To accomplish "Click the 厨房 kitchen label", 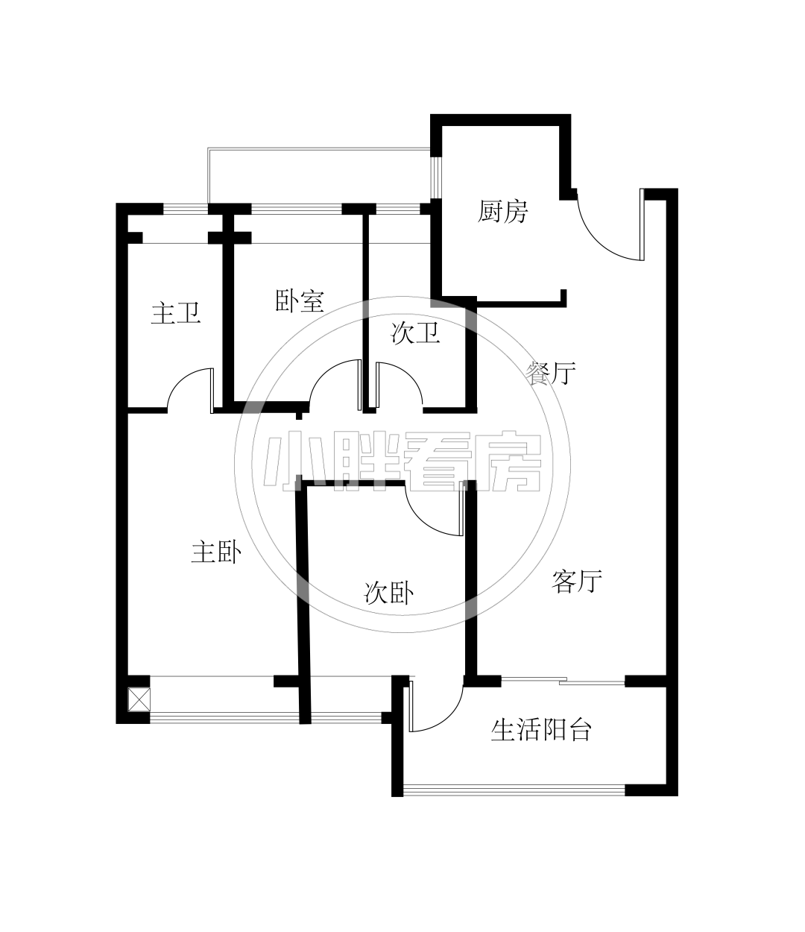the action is pyautogui.click(x=503, y=212).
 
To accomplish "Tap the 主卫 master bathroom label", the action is pyautogui.click(x=176, y=313).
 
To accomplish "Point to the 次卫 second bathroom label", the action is pyautogui.click(x=415, y=333).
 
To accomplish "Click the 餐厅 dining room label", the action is pyautogui.click(x=552, y=373).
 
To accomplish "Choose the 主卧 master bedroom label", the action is pyautogui.click(x=216, y=552).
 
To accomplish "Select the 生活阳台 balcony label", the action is pyautogui.click(x=541, y=730).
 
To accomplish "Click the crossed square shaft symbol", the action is pyautogui.click(x=139, y=700).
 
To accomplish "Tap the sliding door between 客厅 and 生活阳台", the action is pyautogui.click(x=563, y=681).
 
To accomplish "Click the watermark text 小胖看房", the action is pyautogui.click(x=402, y=462).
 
